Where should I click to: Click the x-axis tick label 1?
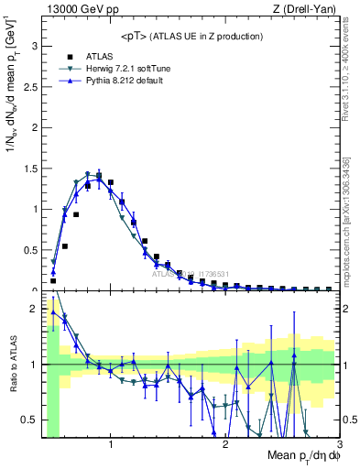pyautogui.click(x=111, y=444)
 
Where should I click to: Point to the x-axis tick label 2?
pyautogui.click(x=225, y=444)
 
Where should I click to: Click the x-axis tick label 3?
pyautogui.click(x=339, y=444)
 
